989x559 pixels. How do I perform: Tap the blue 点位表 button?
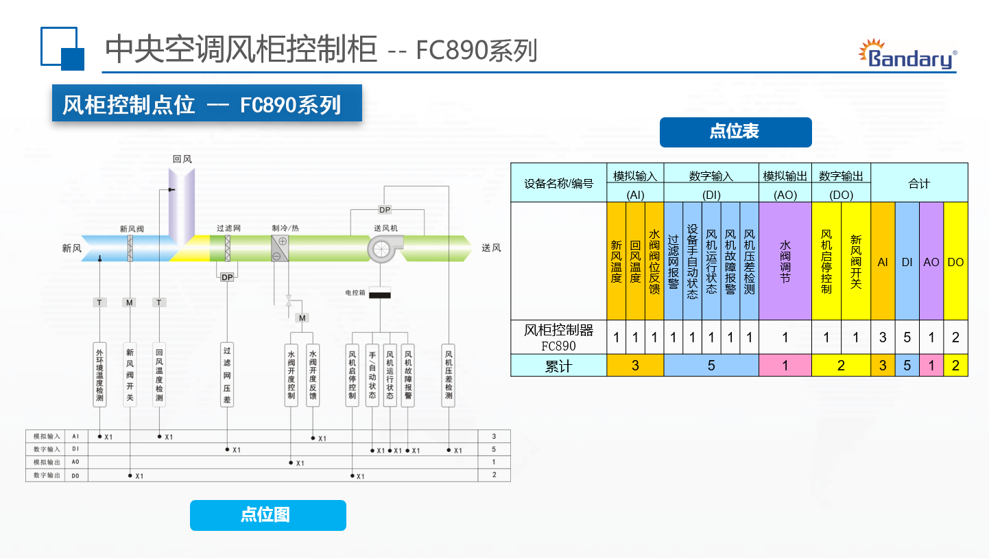click(x=735, y=132)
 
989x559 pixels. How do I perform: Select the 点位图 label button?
click(x=267, y=515)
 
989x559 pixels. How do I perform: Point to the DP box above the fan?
click(x=385, y=209)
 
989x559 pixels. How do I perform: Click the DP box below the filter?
click(x=226, y=277)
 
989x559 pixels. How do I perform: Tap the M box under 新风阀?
click(x=130, y=302)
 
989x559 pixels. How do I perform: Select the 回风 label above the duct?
click(x=182, y=159)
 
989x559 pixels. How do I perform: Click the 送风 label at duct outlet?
click(x=491, y=248)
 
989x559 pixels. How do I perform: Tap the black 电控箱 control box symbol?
click(x=380, y=294)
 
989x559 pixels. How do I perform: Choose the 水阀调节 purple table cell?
click(x=785, y=261)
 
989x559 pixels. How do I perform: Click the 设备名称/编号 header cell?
click(x=558, y=183)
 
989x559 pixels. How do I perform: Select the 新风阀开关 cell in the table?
click(x=855, y=261)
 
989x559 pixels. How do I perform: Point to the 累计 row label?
click(x=558, y=366)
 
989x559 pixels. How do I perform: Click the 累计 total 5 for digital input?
click(x=711, y=366)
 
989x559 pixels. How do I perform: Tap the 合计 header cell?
click(x=919, y=183)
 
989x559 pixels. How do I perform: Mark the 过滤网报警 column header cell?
click(x=674, y=261)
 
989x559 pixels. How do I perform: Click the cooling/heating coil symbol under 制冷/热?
click(x=280, y=248)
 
